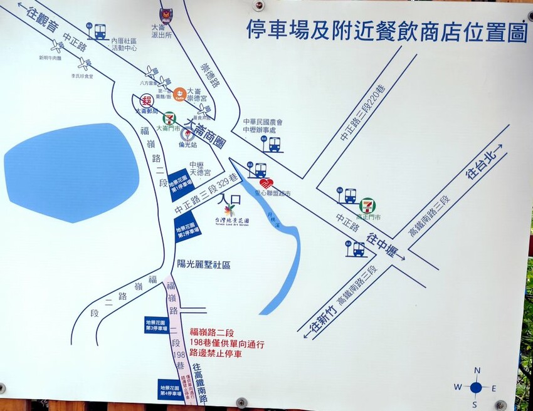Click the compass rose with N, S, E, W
pyautogui.click(x=476, y=387)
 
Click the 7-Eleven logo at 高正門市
pyautogui.click(x=367, y=205)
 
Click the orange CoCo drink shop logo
pyautogui.click(x=179, y=94)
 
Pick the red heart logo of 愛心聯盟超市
pyautogui.click(x=266, y=183)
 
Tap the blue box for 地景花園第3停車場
pyautogui.click(x=157, y=324)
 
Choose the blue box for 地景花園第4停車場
pyautogui.click(x=171, y=390)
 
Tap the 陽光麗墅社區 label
pyautogui.click(x=204, y=264)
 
